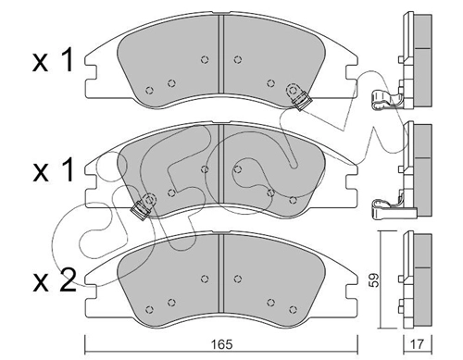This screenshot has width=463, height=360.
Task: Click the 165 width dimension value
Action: [x=222, y=344]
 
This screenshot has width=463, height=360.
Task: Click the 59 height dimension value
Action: [x=374, y=280]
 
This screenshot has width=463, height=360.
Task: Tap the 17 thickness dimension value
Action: [x=418, y=344]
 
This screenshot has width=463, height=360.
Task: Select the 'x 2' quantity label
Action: [x=55, y=280]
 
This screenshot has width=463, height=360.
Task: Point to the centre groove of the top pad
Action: [x=220, y=54]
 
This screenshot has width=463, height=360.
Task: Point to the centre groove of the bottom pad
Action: [x=220, y=273]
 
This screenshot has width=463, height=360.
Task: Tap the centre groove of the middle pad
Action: [x=220, y=164]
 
